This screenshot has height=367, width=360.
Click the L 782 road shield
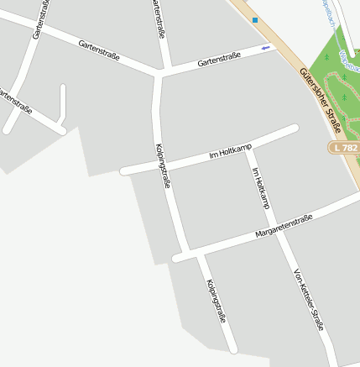point(344,147)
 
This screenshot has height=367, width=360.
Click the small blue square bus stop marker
point(254,19)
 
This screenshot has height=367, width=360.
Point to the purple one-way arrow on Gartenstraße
point(267,48)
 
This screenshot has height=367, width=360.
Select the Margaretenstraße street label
point(284,226)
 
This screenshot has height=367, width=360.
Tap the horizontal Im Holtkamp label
point(229,152)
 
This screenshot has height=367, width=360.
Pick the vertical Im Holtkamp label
point(261,187)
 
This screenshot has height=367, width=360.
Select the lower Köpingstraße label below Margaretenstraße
point(216,301)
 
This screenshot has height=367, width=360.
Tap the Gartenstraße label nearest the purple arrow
point(218,59)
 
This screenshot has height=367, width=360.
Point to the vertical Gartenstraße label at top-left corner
point(39,19)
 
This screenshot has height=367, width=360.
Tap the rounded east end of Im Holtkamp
point(294,128)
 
